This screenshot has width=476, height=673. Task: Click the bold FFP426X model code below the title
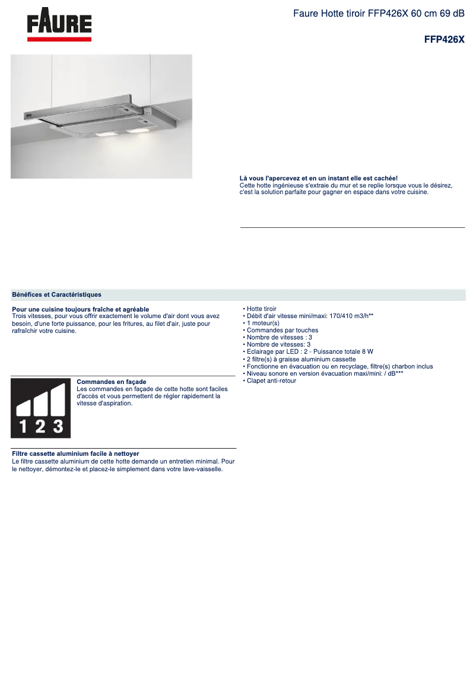pyautogui.click(x=444, y=40)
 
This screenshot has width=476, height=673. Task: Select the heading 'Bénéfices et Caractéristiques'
pyautogui.click(x=56, y=294)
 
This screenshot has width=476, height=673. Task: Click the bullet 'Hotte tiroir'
pyautogui.click(x=261, y=309)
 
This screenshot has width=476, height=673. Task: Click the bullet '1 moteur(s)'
pyautogui.click(x=262, y=323)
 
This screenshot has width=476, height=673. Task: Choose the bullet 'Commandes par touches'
pyautogui.click(x=282, y=331)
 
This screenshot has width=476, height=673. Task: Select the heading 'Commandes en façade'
pyautogui.click(x=112, y=382)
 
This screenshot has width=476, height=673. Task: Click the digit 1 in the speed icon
pyautogui.click(x=23, y=426)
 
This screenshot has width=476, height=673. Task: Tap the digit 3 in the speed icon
pyautogui.click(x=58, y=426)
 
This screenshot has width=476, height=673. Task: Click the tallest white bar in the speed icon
pyautogui.click(x=58, y=399)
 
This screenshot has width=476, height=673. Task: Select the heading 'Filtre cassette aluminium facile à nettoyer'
pyautogui.click(x=75, y=453)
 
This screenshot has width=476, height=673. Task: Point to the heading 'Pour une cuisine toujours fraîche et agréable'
pyautogui.click(x=80, y=309)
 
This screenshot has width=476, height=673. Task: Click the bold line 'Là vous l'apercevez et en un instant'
pyautogui.click(x=318, y=179)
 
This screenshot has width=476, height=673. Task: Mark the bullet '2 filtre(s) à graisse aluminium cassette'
pyautogui.click(x=301, y=359)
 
